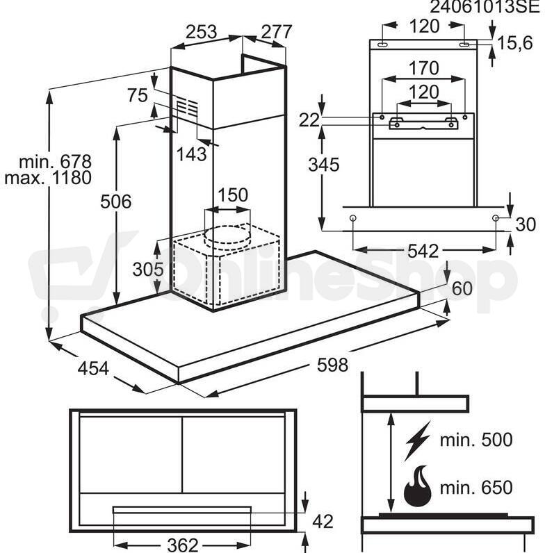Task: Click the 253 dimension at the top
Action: coord(201,32)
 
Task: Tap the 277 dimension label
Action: coord(277,32)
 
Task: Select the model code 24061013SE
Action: coord(485,6)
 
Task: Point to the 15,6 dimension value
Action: coord(514,43)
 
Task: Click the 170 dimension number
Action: coord(423,68)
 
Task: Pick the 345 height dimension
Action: coord(324,165)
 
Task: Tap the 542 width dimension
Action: coord(423,251)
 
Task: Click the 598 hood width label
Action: coord(332,365)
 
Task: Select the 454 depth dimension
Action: coord(93,369)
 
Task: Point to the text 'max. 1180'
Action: coord(48,178)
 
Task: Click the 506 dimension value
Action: coord(116,201)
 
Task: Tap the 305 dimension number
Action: coord(148,270)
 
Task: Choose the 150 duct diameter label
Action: coord(233,195)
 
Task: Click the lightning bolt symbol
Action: coord(417,441)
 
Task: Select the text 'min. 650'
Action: coord(476,488)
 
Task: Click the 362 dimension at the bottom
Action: coord(183,545)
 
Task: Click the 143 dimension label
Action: coord(191,154)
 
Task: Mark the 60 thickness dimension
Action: coord(462,288)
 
